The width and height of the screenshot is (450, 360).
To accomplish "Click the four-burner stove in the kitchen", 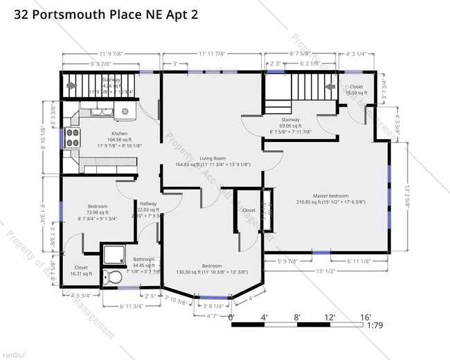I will tap(71, 138).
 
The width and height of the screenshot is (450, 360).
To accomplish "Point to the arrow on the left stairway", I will tap(71, 87).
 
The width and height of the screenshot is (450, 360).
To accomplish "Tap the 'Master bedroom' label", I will tap(330, 196).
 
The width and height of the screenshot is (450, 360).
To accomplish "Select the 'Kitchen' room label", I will tap(120, 134).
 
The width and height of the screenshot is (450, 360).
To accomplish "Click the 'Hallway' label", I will tap(148, 204).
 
